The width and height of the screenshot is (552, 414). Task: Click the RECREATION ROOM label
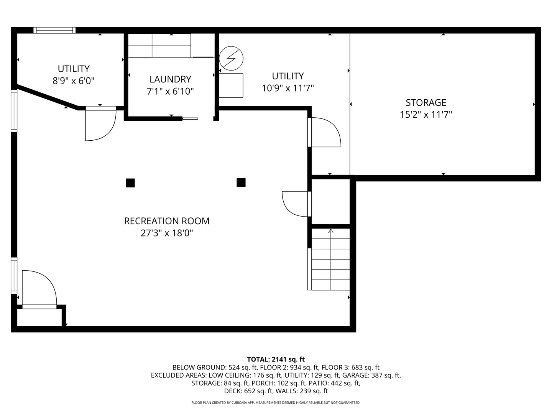[x=167, y=221]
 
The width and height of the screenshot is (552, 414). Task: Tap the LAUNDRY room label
[x=170, y=79]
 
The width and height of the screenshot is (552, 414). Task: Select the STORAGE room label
[x=426, y=103]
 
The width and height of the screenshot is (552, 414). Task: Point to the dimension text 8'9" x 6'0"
[x=74, y=81]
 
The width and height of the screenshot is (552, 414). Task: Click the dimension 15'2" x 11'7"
[x=426, y=115]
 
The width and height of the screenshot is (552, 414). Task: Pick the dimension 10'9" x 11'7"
[x=288, y=88]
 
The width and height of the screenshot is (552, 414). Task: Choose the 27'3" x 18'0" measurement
[x=167, y=233]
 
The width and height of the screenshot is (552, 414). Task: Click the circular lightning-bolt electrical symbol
[x=231, y=58]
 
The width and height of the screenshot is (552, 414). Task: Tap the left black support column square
[x=130, y=183]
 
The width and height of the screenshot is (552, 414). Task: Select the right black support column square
[x=241, y=182]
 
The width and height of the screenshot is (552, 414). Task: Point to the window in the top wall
[x=54, y=30]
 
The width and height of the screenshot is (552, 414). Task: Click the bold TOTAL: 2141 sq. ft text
[x=276, y=359]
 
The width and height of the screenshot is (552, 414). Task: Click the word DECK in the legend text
[x=231, y=391]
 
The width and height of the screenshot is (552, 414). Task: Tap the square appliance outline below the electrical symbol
[x=231, y=85]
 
